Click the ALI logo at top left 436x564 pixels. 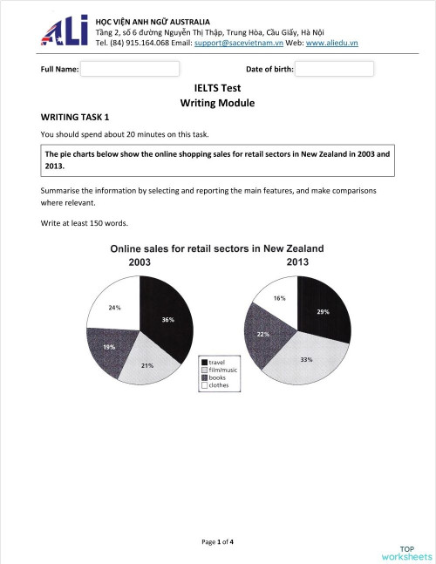pyautogui.click(x=65, y=30)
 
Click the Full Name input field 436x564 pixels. pyautogui.click(x=130, y=69)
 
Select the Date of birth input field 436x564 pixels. pyautogui.click(x=335, y=69)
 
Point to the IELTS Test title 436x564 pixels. pyautogui.click(x=217, y=88)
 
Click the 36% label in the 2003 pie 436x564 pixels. pyautogui.click(x=167, y=320)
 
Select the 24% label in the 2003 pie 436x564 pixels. pyautogui.click(x=114, y=307)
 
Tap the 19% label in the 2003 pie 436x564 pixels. pyautogui.click(x=110, y=347)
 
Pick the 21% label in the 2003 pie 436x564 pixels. pyautogui.click(x=147, y=365)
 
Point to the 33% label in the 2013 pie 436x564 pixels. pyautogui.click(x=306, y=358)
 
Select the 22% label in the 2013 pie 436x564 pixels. pyautogui.click(x=262, y=334)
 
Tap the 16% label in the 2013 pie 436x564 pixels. pyautogui.click(x=279, y=298)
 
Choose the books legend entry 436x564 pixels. pyautogui.click(x=218, y=377)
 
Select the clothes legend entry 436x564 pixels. pyautogui.click(x=220, y=385)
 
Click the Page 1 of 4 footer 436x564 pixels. pyautogui.click(x=217, y=541)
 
